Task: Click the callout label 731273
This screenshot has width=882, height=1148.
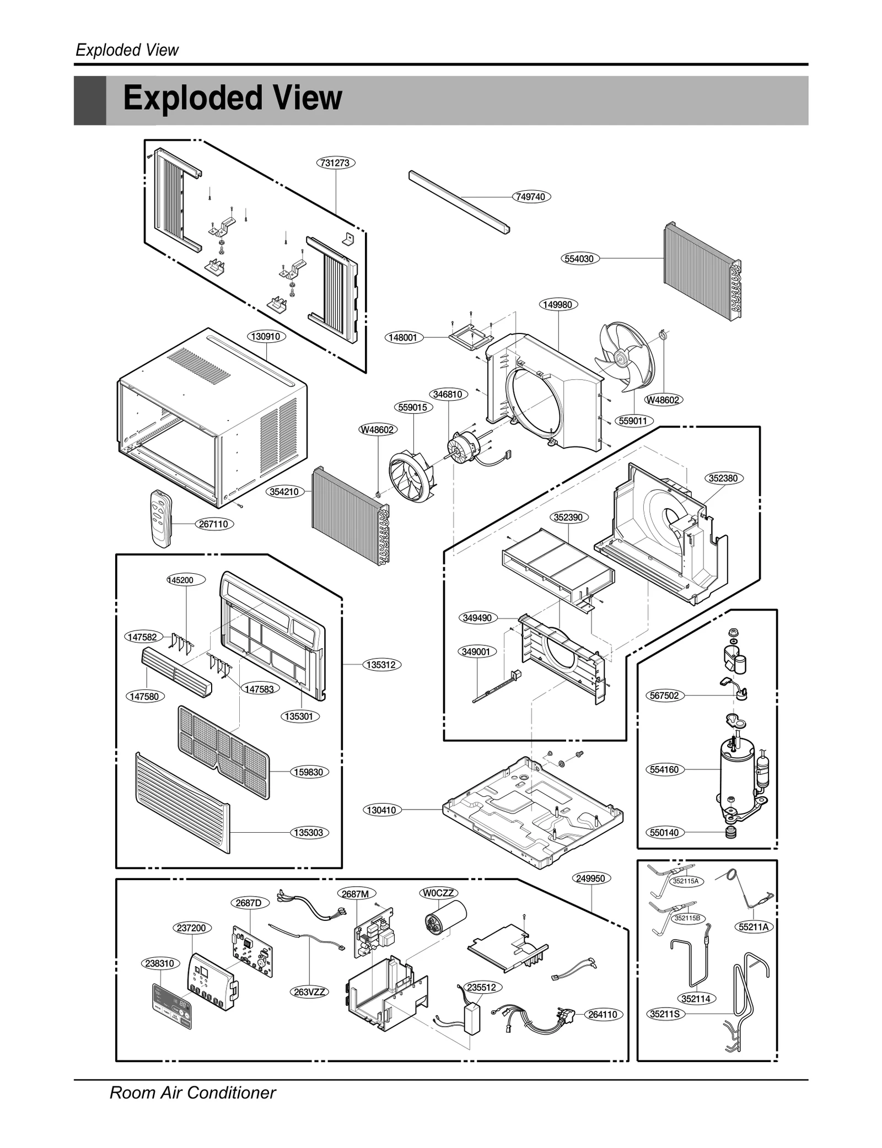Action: (336, 163)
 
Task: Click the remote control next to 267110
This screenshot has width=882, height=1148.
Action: (161, 518)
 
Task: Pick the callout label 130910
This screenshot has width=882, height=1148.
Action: (266, 336)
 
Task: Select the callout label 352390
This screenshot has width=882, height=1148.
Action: (568, 517)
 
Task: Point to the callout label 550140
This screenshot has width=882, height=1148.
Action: (664, 848)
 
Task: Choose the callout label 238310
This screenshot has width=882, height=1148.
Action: (160, 963)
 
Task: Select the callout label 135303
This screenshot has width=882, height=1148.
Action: (309, 832)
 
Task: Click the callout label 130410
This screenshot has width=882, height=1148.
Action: (382, 810)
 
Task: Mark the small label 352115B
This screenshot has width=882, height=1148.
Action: (687, 918)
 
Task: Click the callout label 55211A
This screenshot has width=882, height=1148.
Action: (754, 927)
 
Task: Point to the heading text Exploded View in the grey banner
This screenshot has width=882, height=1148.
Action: (232, 99)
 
